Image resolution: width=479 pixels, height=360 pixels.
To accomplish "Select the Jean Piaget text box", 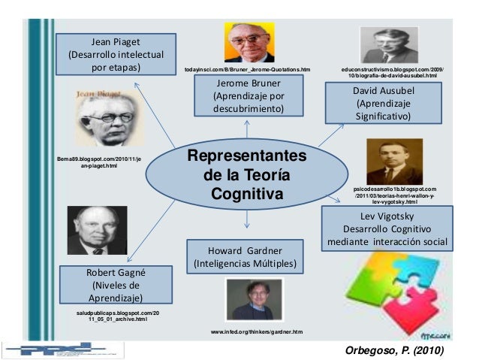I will pyautogui.click(x=116, y=54).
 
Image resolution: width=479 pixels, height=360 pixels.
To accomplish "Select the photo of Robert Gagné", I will pyautogui.click(x=93, y=231).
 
